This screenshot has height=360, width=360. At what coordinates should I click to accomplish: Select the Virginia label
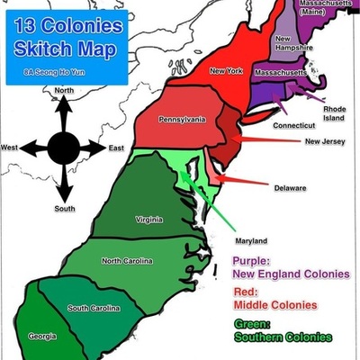click(x=149, y=220)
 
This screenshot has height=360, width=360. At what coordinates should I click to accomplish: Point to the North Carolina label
click(x=127, y=261)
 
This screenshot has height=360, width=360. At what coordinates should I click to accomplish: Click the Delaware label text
click(x=291, y=188)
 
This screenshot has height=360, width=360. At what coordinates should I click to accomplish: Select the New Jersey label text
click(x=324, y=141)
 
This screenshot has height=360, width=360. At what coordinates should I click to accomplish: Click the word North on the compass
click(x=64, y=91)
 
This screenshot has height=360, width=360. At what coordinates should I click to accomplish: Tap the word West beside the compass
click(x=10, y=148)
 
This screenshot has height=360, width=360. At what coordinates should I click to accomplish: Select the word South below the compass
click(x=64, y=209)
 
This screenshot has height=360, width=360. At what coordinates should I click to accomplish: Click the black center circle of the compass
click(x=64, y=147)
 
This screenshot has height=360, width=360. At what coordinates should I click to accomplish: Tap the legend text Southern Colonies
click(x=282, y=337)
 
